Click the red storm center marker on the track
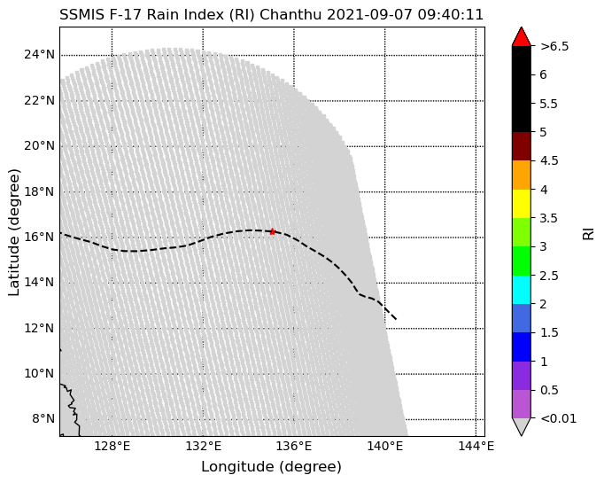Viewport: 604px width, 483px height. pyautogui.click(x=272, y=231)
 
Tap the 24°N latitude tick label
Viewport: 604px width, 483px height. pyautogui.click(x=40, y=54)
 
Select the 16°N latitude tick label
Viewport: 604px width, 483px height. pyautogui.click(x=40, y=237)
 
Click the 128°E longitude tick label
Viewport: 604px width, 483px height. pyautogui.click(x=112, y=446)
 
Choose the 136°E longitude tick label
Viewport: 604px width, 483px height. pyautogui.click(x=294, y=446)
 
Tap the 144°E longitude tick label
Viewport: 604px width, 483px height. pyautogui.click(x=476, y=446)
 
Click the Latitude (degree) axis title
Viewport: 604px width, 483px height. pyautogui.click(x=14, y=231)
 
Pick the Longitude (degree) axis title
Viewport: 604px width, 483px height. pyautogui.click(x=271, y=466)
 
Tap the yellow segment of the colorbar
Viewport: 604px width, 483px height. pyautogui.click(x=522, y=203)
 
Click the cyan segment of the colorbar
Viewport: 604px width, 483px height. pyautogui.click(x=522, y=289)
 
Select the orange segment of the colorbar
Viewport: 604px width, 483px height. pyautogui.click(x=522, y=175)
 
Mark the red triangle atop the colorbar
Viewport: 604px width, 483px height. pyautogui.click(x=522, y=36)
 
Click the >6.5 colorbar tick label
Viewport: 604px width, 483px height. pyautogui.click(x=554, y=46)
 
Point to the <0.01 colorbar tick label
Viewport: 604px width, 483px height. pyautogui.click(x=558, y=418)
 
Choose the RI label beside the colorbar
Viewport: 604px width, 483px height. pyautogui.click(x=588, y=231)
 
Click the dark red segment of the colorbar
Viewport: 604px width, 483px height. pyautogui.click(x=522, y=146)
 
